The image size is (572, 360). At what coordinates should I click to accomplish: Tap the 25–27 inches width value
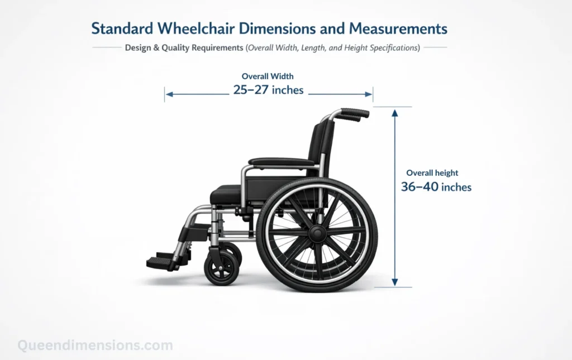click(x=268, y=90)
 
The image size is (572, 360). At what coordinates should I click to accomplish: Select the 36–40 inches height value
click(x=436, y=187)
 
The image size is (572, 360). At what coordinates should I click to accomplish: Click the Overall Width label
click(x=268, y=76)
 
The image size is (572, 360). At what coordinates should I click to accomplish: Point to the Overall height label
click(x=432, y=173)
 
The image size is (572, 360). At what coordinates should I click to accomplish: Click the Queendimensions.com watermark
click(x=94, y=345)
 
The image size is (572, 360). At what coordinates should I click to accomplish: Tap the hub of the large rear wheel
click(x=317, y=233)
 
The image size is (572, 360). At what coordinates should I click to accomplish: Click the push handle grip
click(x=355, y=113)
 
